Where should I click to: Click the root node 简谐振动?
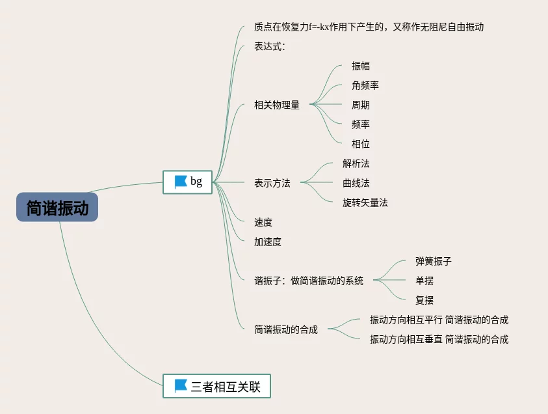click(x=57, y=208)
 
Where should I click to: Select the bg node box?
click(x=187, y=182)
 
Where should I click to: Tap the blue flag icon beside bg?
click(x=180, y=182)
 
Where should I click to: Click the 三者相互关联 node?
click(x=216, y=387)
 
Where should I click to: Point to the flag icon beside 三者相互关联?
click(x=180, y=386)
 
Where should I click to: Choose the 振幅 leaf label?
click(x=361, y=66)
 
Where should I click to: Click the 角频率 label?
click(x=365, y=85)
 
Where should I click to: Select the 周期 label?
click(x=361, y=105)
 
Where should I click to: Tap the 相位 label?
click(x=361, y=144)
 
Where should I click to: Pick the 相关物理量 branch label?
click(x=277, y=105)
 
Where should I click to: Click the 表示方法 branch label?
click(x=272, y=183)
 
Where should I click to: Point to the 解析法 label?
click(x=356, y=163)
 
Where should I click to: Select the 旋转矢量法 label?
click(x=365, y=202)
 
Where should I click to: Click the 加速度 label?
click(x=268, y=241)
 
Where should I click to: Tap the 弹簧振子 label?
click(x=434, y=261)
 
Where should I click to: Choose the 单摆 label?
click(x=424, y=281)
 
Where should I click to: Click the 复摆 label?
click(x=424, y=300)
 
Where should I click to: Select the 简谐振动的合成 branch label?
click(x=286, y=329)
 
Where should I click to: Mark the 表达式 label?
click(x=270, y=47)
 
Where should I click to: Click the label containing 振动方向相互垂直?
click(x=439, y=339)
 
